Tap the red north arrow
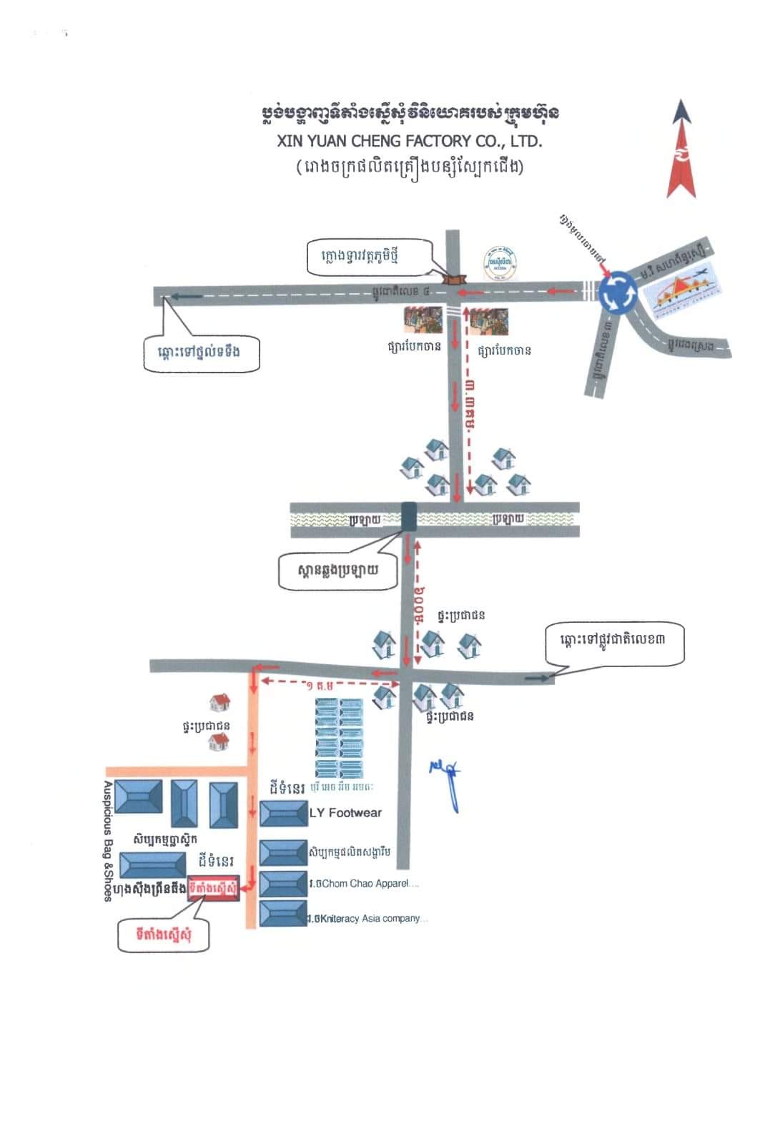click(681, 150)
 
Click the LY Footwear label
click(345, 813)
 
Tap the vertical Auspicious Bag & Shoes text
click(108, 841)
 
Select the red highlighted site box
click(213, 889)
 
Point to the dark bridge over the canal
click(408, 517)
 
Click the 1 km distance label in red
click(320, 685)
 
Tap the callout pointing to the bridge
click(337, 571)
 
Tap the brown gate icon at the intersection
click(453, 280)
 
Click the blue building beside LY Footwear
click(283, 814)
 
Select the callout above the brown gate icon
click(370, 257)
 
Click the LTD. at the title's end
click(526, 141)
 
